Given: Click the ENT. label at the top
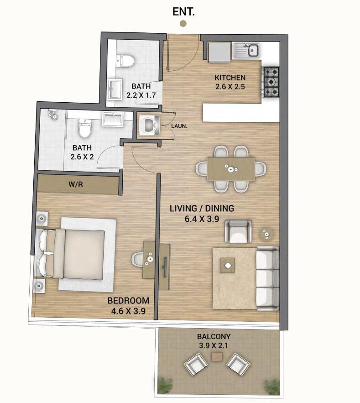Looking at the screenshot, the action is (x=183, y=12).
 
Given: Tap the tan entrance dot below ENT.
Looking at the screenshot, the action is (x=183, y=24).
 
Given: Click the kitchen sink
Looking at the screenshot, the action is (x=246, y=50).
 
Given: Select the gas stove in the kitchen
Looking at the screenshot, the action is (x=271, y=82).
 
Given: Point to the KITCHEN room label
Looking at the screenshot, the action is (x=230, y=78).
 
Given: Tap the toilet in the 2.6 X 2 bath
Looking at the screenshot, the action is (x=85, y=128).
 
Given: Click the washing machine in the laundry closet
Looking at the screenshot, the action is (x=149, y=125).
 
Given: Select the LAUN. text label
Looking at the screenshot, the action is (x=179, y=126).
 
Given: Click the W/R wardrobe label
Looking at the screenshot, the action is (x=76, y=184).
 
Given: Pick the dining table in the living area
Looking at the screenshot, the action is (x=231, y=169).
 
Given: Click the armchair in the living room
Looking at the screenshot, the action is (x=238, y=231).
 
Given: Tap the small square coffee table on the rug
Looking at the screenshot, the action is (x=227, y=265).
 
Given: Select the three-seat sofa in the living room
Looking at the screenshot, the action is (x=267, y=278).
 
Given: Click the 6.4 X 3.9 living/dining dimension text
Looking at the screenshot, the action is (x=202, y=219).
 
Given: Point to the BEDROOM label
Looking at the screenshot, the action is (x=128, y=300).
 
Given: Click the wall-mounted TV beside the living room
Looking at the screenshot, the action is (x=165, y=267).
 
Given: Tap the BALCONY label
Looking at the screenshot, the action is (x=214, y=336).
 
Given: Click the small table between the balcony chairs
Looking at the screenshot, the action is (x=217, y=356).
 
